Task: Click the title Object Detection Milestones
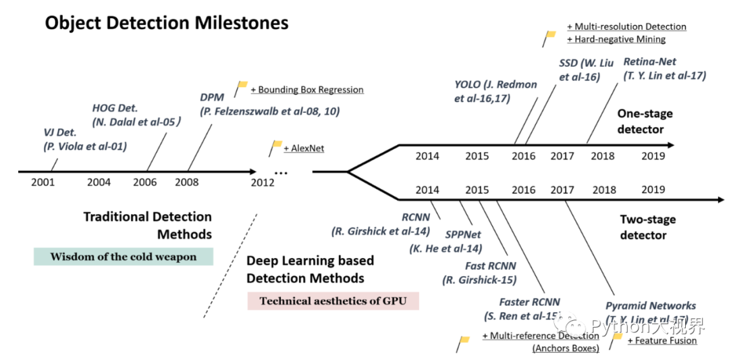point(167,23)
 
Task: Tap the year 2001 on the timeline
point(43,182)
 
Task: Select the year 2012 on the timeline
point(263,182)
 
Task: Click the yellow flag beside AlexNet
point(276,146)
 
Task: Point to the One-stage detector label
point(641,122)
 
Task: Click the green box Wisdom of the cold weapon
point(124,257)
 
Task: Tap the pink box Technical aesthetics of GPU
point(333,301)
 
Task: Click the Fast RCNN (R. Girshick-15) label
point(481,273)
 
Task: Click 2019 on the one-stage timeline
point(653,156)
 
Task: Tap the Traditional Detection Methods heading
point(148,226)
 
